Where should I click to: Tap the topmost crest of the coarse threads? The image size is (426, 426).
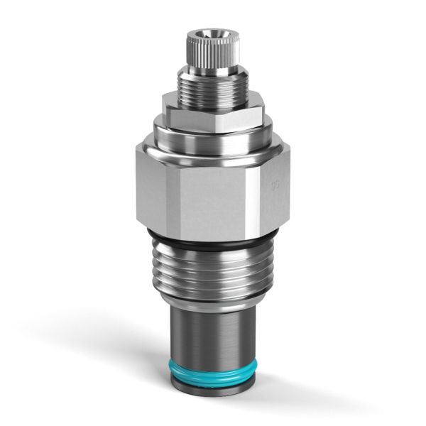point(213,252)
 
